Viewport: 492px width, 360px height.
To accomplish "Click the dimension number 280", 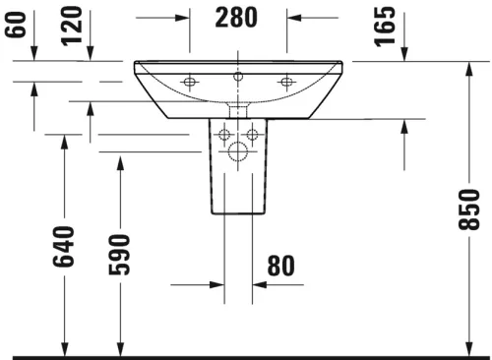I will tap(236, 18).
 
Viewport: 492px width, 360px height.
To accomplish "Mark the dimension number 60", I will tap(14, 22).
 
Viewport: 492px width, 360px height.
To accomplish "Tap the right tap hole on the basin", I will tap(287, 81).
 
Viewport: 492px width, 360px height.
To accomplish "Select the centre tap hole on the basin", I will tap(237, 75).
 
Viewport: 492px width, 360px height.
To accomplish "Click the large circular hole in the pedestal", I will tap(237, 151).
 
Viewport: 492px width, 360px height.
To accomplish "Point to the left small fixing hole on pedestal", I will tap(224, 134).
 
